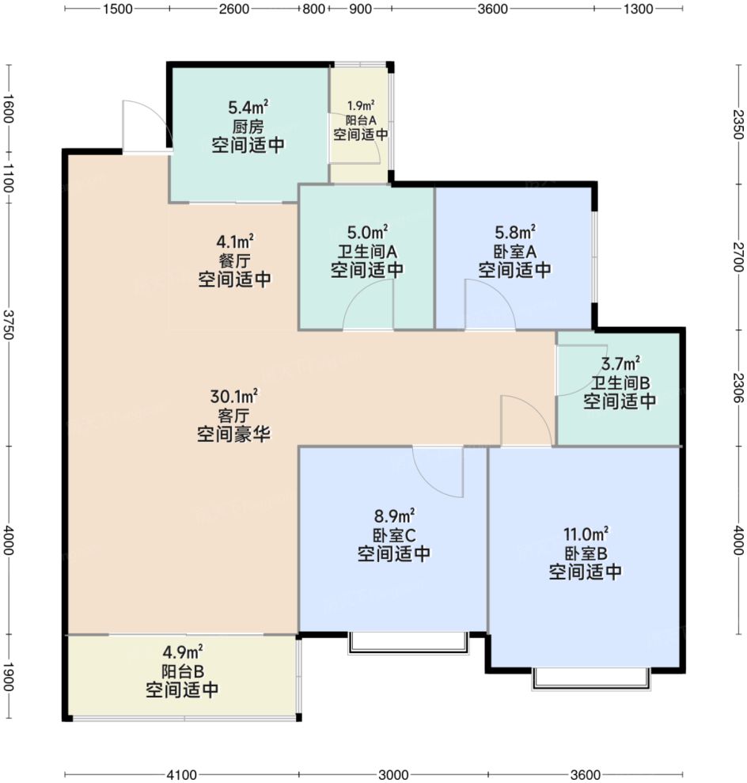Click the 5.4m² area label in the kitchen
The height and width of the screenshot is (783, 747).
[248, 107]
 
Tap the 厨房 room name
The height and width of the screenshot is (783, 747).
[248, 126]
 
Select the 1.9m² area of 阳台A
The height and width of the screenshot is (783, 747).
[361, 105]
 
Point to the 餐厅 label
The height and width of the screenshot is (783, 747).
[234, 260]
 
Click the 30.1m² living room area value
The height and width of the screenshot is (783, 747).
[233, 397]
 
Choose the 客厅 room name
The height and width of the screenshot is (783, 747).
[233, 416]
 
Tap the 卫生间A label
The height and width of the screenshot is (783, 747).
[367, 251]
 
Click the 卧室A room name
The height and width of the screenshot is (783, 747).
[515, 251]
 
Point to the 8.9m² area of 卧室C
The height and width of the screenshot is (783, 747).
[394, 516]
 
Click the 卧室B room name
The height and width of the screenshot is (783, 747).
[586, 553]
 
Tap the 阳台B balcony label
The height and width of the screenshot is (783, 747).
[183, 671]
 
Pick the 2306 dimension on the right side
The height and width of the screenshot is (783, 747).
[738, 388]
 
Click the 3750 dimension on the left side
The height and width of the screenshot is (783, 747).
[9, 325]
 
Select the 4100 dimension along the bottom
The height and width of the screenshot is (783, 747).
[181, 774]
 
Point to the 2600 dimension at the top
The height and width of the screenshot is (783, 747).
[234, 9]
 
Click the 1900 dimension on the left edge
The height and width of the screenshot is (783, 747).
[9, 677]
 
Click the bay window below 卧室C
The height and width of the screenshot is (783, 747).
[408, 643]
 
